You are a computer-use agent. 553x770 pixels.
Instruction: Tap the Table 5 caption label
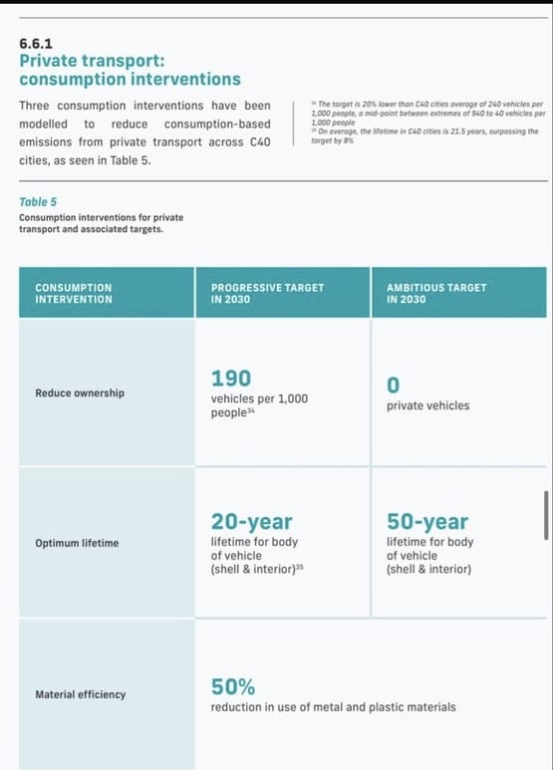click(38, 201)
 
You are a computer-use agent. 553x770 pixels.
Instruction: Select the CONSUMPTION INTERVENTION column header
click(74, 293)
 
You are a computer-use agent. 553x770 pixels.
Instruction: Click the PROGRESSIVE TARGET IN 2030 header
click(267, 293)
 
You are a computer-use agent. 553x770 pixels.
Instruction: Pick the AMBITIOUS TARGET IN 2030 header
click(436, 293)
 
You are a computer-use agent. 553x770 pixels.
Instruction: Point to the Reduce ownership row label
click(80, 392)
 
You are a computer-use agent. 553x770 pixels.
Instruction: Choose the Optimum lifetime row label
click(77, 543)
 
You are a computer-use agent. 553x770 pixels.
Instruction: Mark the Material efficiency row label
click(81, 694)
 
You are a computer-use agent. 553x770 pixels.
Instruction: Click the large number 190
click(230, 378)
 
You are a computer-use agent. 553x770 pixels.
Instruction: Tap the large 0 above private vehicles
click(393, 385)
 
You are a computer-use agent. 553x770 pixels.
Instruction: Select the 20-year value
click(251, 522)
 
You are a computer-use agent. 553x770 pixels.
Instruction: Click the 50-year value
click(427, 522)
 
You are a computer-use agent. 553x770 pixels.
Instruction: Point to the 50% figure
click(232, 686)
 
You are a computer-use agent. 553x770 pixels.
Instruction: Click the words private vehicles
click(427, 406)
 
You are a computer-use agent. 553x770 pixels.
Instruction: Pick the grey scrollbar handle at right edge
click(545, 513)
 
